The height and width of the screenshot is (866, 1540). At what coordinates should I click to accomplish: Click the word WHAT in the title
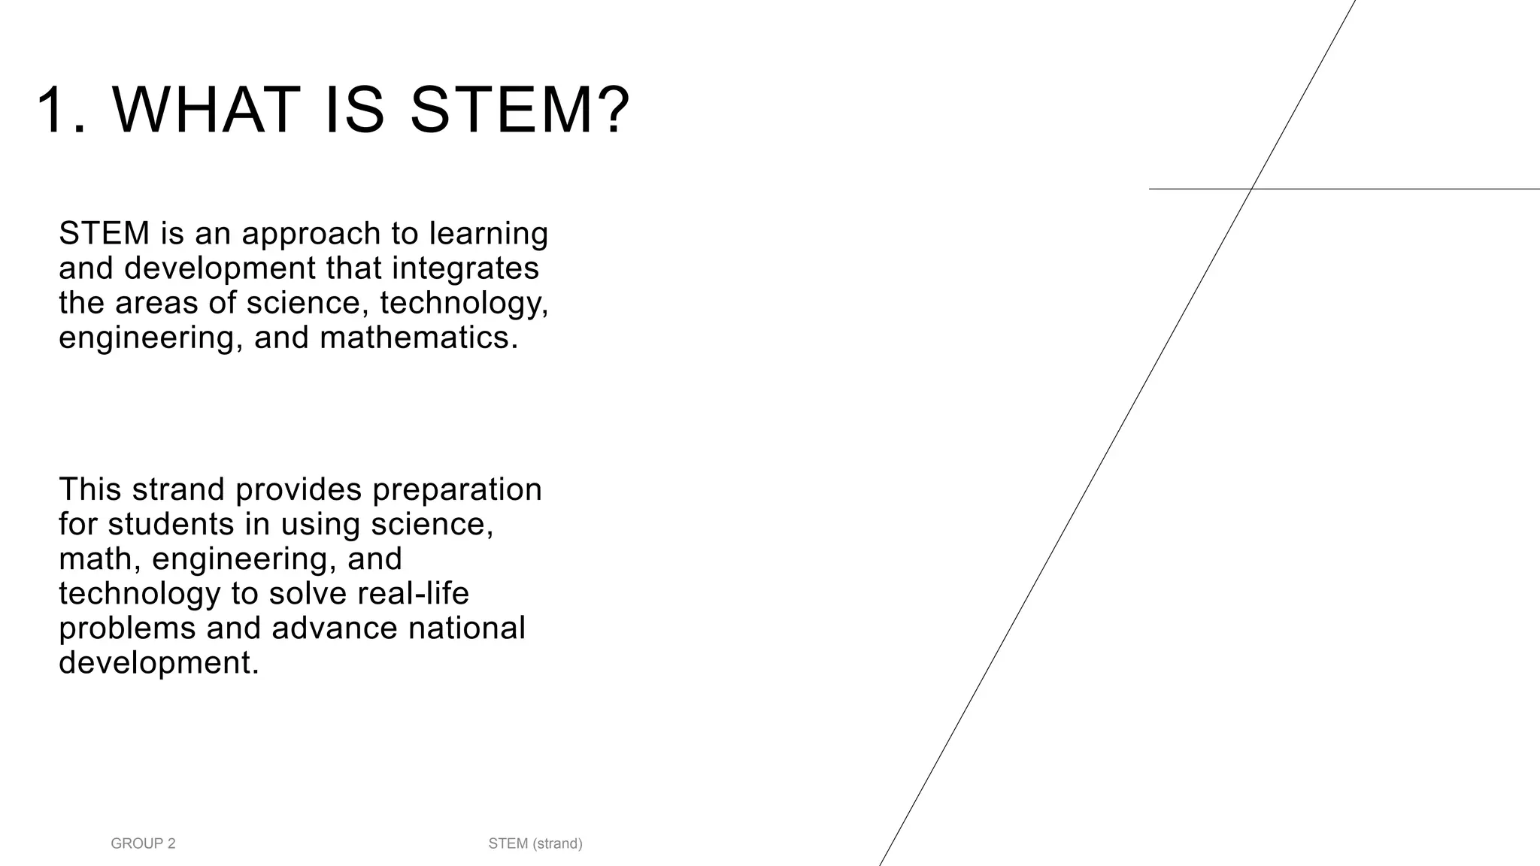pos(206,111)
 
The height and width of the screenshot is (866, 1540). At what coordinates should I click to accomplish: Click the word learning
pos(489,234)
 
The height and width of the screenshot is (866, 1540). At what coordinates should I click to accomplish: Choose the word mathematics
pos(419,338)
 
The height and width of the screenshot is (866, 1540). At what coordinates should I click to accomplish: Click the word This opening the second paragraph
pos(90,489)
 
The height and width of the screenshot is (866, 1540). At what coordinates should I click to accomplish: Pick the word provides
pos(299,490)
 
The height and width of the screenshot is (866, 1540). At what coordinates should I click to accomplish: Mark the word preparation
pos(457,490)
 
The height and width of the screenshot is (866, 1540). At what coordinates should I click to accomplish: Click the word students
pos(171,524)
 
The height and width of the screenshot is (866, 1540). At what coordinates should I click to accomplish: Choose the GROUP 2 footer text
pos(143,843)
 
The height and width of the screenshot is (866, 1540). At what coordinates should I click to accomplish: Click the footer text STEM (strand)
pos(535,843)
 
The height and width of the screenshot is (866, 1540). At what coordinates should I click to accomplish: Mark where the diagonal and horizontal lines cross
pos(1251,189)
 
